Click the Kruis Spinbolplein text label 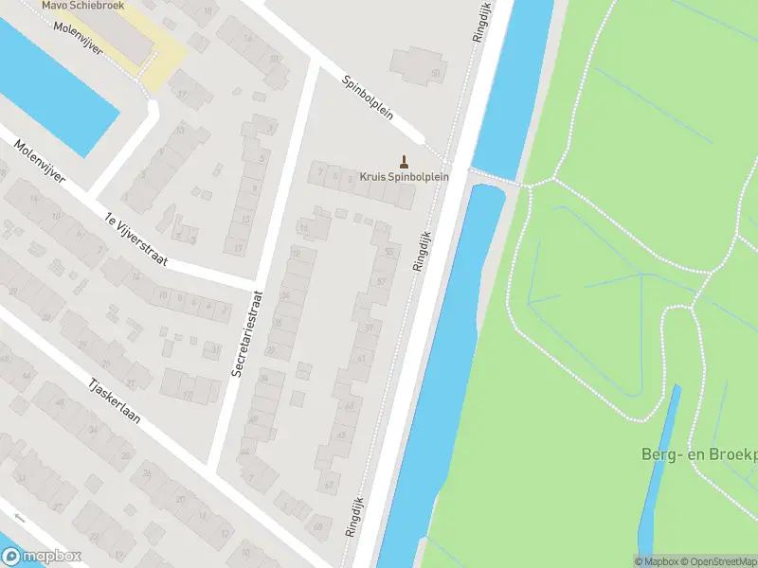click(x=404, y=176)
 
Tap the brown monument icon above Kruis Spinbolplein click(x=405, y=161)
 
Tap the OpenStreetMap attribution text click(x=719, y=561)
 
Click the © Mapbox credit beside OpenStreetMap click(x=657, y=561)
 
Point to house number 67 click(x=328, y=485)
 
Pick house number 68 click(x=317, y=526)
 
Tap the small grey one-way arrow click(x=19, y=517)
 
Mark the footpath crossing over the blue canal click(x=495, y=177)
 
